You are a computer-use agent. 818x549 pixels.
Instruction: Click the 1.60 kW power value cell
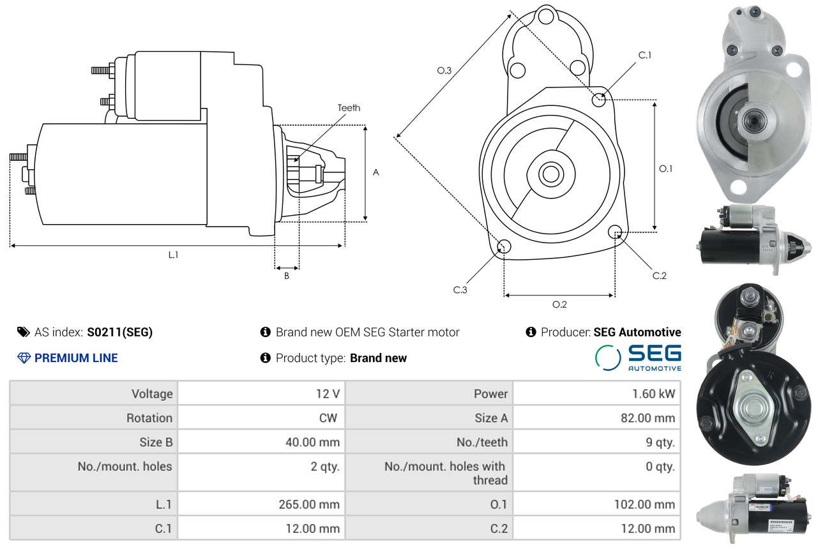pos(653,393)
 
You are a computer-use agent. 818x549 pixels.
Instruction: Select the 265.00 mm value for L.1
pos(309,504)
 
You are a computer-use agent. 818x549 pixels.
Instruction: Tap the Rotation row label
pos(149,417)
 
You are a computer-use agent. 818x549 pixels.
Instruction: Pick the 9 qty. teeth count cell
pos(660,442)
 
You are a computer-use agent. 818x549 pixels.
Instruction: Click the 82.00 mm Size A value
pos(648,417)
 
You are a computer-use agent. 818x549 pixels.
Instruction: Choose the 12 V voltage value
pos(328,393)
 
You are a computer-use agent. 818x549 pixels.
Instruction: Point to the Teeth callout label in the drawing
pos(349,108)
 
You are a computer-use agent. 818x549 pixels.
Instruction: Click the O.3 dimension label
pos(444,70)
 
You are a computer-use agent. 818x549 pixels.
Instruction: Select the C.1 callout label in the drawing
pos(645,55)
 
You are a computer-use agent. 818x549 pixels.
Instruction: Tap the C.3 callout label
pos(460,290)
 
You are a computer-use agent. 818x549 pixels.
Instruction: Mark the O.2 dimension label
pos(559,304)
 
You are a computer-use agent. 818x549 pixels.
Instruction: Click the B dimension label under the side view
pos(287,276)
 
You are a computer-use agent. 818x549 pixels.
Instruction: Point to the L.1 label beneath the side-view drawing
pos(174,255)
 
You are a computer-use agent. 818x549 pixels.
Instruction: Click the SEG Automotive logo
pos(638,357)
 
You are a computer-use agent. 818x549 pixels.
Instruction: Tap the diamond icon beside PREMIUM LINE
pos(24,357)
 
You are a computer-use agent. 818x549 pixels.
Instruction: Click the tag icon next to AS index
pos(24,332)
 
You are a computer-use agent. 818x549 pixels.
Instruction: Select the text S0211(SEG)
pos(120,332)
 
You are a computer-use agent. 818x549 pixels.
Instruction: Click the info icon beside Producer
pos(531,332)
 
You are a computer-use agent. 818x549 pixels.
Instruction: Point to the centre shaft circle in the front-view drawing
pos(551,174)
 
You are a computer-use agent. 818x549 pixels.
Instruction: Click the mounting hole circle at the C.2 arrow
pos(615,232)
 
